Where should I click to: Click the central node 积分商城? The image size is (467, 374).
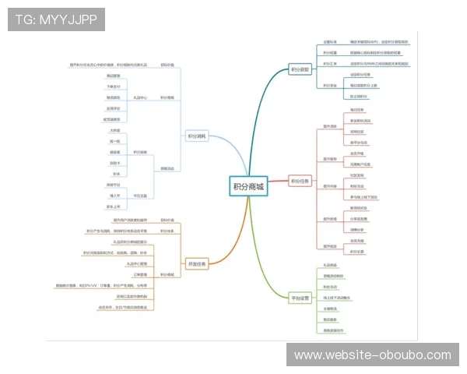(x=248, y=186)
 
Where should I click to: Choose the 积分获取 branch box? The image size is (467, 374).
(x=300, y=69)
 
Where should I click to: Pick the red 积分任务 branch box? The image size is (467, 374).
(x=300, y=182)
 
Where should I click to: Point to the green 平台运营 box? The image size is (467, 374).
(x=300, y=298)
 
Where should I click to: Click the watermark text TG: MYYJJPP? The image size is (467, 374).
(x=56, y=18)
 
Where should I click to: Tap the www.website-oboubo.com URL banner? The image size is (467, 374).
(x=373, y=355)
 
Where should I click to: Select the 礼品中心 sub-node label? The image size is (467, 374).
(x=140, y=98)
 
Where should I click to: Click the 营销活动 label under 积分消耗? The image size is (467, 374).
(x=167, y=168)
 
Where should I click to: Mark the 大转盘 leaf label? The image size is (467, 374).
(x=114, y=130)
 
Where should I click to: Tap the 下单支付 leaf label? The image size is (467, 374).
(x=114, y=86)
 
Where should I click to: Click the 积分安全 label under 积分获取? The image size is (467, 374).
(x=329, y=85)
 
